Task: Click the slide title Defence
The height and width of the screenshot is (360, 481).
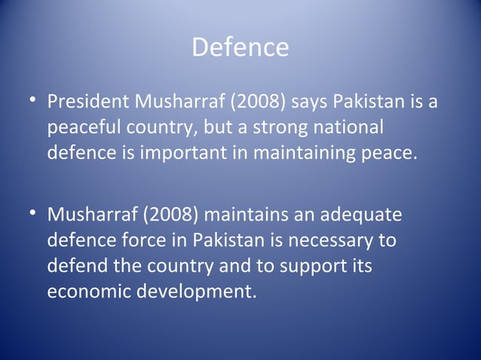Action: tap(240, 47)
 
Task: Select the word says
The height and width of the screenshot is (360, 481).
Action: tap(309, 102)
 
